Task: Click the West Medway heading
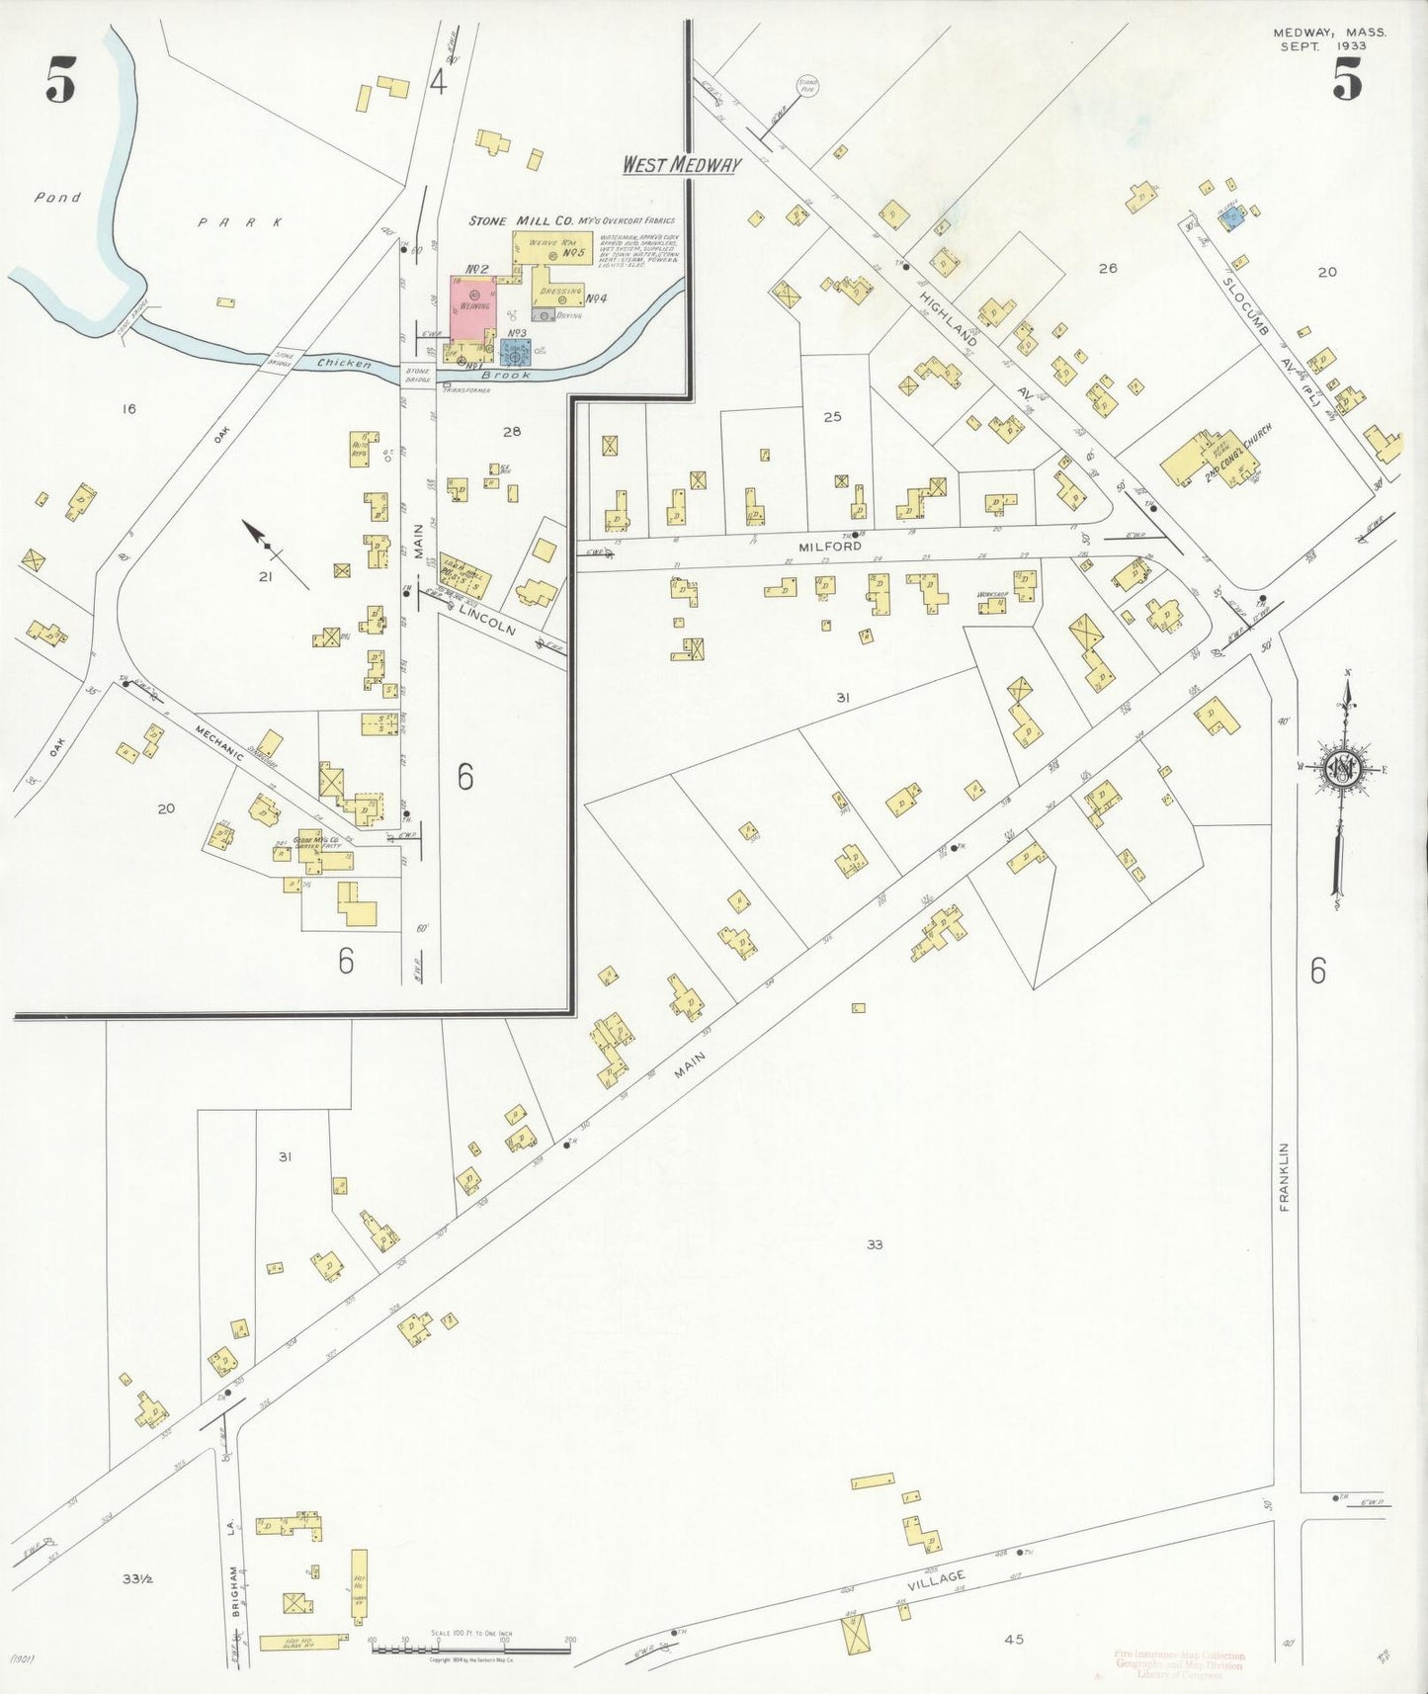point(681,164)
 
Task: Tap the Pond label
point(57,198)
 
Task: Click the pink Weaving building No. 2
point(473,307)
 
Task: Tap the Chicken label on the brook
point(345,364)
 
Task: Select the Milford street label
point(830,546)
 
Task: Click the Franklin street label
point(1285,1176)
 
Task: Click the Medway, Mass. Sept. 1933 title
point(1329,39)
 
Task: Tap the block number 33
point(875,1244)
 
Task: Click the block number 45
point(1014,1639)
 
